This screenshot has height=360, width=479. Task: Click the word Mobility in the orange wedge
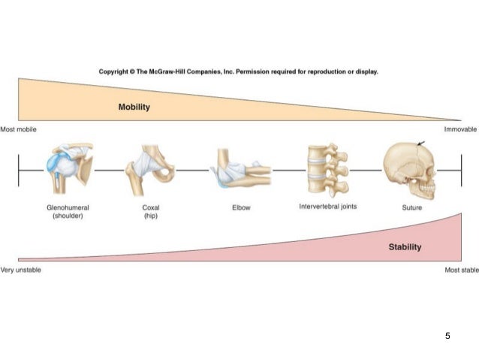[134, 107]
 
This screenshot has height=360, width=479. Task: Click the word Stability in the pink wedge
[405, 247]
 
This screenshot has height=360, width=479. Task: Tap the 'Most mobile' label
[18, 129]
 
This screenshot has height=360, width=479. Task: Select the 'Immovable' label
[460, 129]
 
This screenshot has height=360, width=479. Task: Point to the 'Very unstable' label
[20, 270]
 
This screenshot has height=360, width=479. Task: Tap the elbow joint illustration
[240, 170]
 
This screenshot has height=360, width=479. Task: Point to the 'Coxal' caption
[151, 207]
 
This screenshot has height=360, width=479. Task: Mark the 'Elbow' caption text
[241, 208]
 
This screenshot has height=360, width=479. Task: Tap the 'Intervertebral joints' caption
[327, 207]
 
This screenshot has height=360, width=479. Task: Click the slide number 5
[447, 335]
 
